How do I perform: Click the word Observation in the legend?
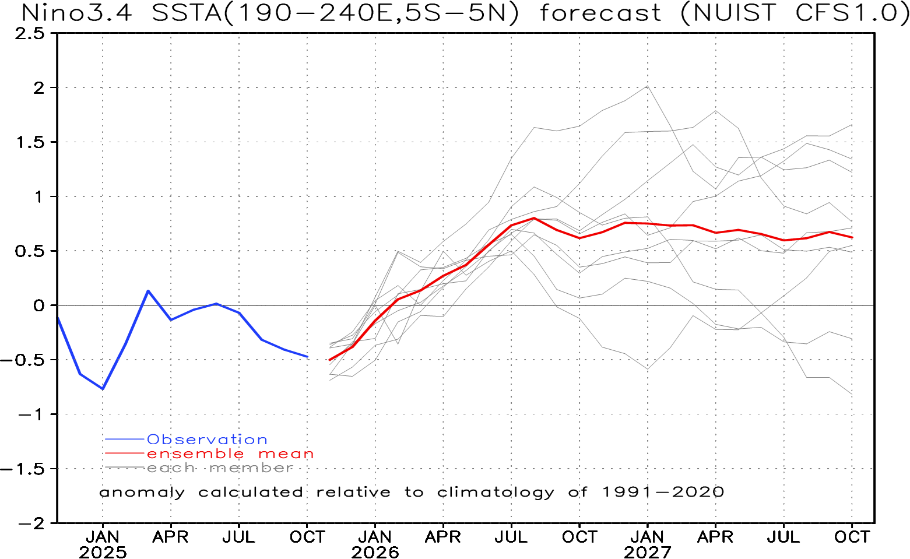[207, 440]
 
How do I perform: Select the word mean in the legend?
[286, 453]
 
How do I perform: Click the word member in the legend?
[251, 468]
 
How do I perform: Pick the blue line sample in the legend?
[124, 439]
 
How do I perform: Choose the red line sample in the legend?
[124, 453]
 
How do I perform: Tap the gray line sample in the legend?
[124, 467]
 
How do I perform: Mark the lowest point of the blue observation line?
[103, 388]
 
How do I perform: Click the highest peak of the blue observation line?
[148, 290]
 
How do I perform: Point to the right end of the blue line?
[308, 357]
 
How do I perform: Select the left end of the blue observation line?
[58, 318]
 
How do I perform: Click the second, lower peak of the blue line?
[216, 303]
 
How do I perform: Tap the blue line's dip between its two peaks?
[171, 319]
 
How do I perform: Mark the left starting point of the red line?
[330, 360]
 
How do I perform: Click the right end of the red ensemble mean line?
[853, 238]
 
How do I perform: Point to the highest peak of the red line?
[534, 218]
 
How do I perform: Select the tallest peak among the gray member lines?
[648, 86]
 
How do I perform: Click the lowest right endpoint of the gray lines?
[852, 395]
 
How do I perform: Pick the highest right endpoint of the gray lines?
[852, 125]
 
